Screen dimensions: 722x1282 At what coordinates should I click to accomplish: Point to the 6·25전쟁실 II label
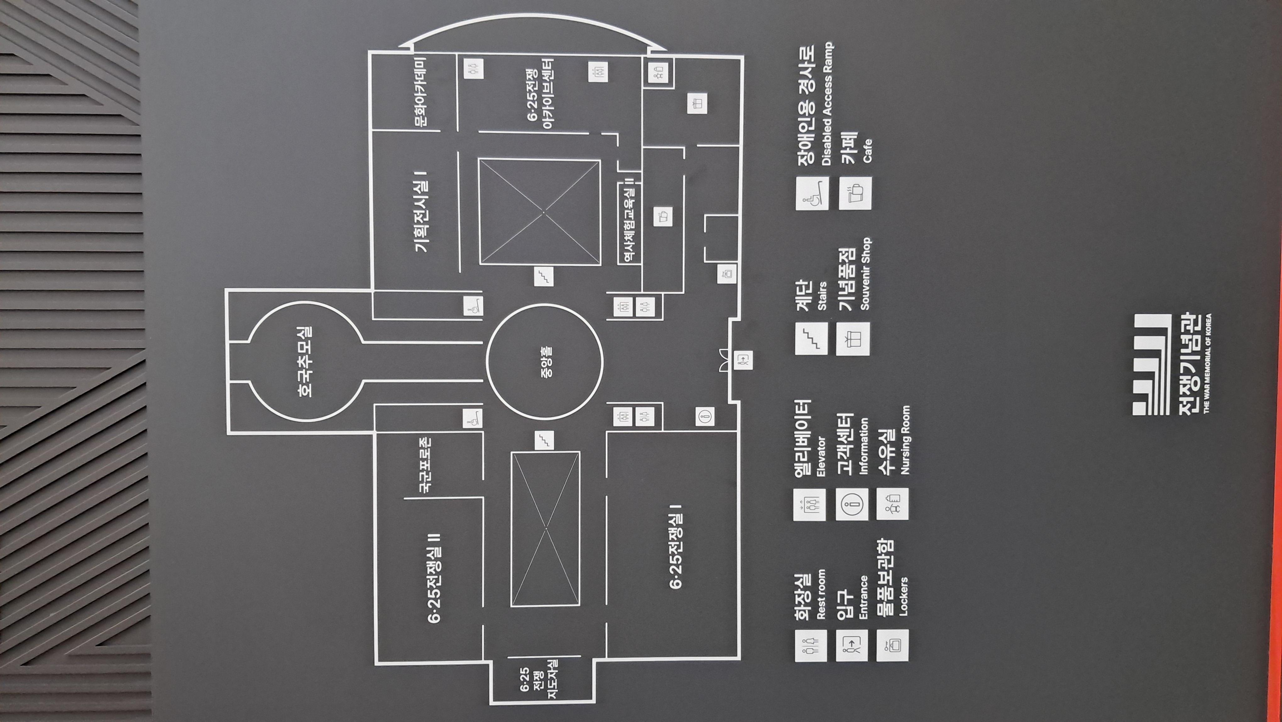click(x=434, y=578)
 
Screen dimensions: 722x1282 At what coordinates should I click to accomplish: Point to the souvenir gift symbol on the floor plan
click(x=697, y=103)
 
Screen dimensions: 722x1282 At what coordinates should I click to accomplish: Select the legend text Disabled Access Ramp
click(x=827, y=105)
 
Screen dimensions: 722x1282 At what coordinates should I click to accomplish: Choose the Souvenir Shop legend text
click(x=865, y=274)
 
